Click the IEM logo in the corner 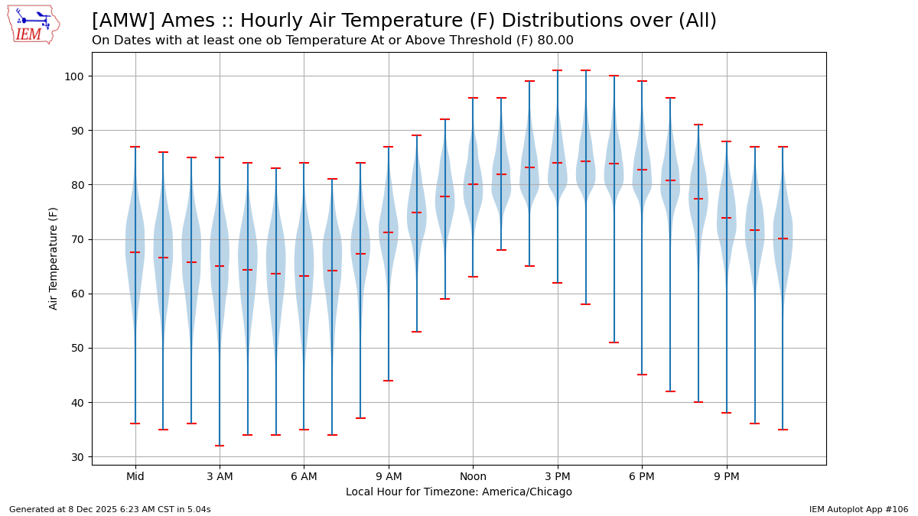click(33, 24)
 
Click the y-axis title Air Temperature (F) click(54, 258)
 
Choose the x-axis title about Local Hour click(458, 492)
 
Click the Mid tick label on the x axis click(135, 477)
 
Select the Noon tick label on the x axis click(473, 477)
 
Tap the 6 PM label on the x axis click(642, 477)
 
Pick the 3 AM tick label click(220, 477)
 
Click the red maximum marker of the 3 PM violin click(557, 70)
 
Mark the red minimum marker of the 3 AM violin click(220, 446)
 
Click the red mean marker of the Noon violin click(473, 184)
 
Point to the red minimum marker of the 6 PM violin click(642, 375)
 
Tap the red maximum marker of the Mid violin click(135, 147)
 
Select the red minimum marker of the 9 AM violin click(389, 381)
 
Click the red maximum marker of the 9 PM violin click(726, 141)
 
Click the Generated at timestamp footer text click(109, 509)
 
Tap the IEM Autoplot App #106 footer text click(858, 509)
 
